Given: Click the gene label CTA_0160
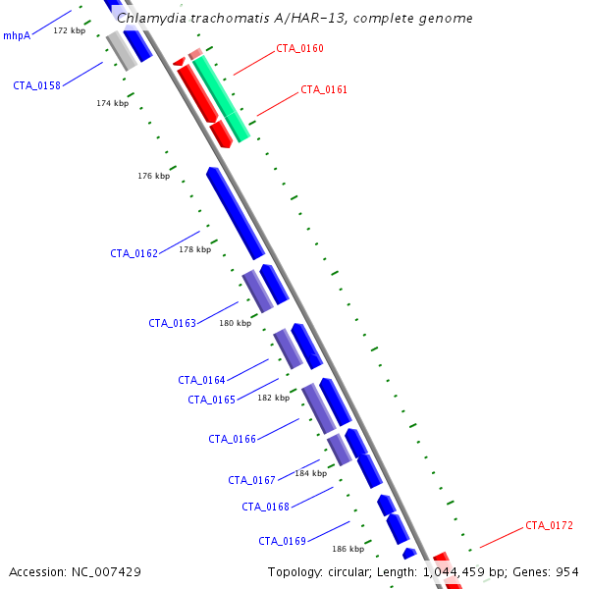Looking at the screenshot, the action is point(299,48).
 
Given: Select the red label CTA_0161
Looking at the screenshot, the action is point(324,89).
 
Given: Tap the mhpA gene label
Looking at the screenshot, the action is point(17,35).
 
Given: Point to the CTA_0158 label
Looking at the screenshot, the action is point(37,85).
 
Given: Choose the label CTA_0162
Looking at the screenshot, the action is point(134,253).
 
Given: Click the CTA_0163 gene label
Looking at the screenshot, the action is point(173,323).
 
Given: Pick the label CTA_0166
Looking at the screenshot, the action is point(232,439).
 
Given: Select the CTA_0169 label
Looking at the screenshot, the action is point(282,541).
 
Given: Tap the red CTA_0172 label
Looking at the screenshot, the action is point(549,525).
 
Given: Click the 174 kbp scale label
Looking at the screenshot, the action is point(113,103).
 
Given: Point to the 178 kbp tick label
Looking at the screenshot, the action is point(195,249).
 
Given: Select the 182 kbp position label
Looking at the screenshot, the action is point(274,398).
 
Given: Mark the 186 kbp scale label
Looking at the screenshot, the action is point(348,549).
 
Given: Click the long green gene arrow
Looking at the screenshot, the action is point(221,98).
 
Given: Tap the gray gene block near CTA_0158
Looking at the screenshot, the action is point(122,51).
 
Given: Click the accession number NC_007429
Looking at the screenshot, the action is point(106,572).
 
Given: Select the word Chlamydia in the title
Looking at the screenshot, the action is point(151,18).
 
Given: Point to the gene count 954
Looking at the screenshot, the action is point(567,572).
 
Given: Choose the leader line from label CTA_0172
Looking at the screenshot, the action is point(502,538).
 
